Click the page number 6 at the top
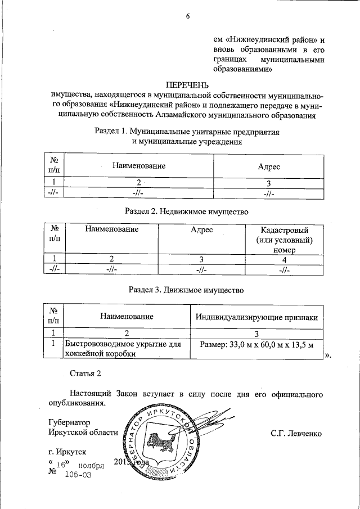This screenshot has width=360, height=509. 188,16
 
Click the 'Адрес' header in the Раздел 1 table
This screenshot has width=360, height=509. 268,166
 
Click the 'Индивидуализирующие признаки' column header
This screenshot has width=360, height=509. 256,317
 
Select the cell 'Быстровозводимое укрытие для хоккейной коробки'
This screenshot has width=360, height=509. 123,349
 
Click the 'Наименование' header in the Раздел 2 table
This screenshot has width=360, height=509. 112,230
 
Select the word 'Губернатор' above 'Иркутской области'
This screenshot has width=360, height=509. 69,422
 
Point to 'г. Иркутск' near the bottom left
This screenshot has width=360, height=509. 67,452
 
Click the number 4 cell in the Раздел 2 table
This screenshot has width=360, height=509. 285,259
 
